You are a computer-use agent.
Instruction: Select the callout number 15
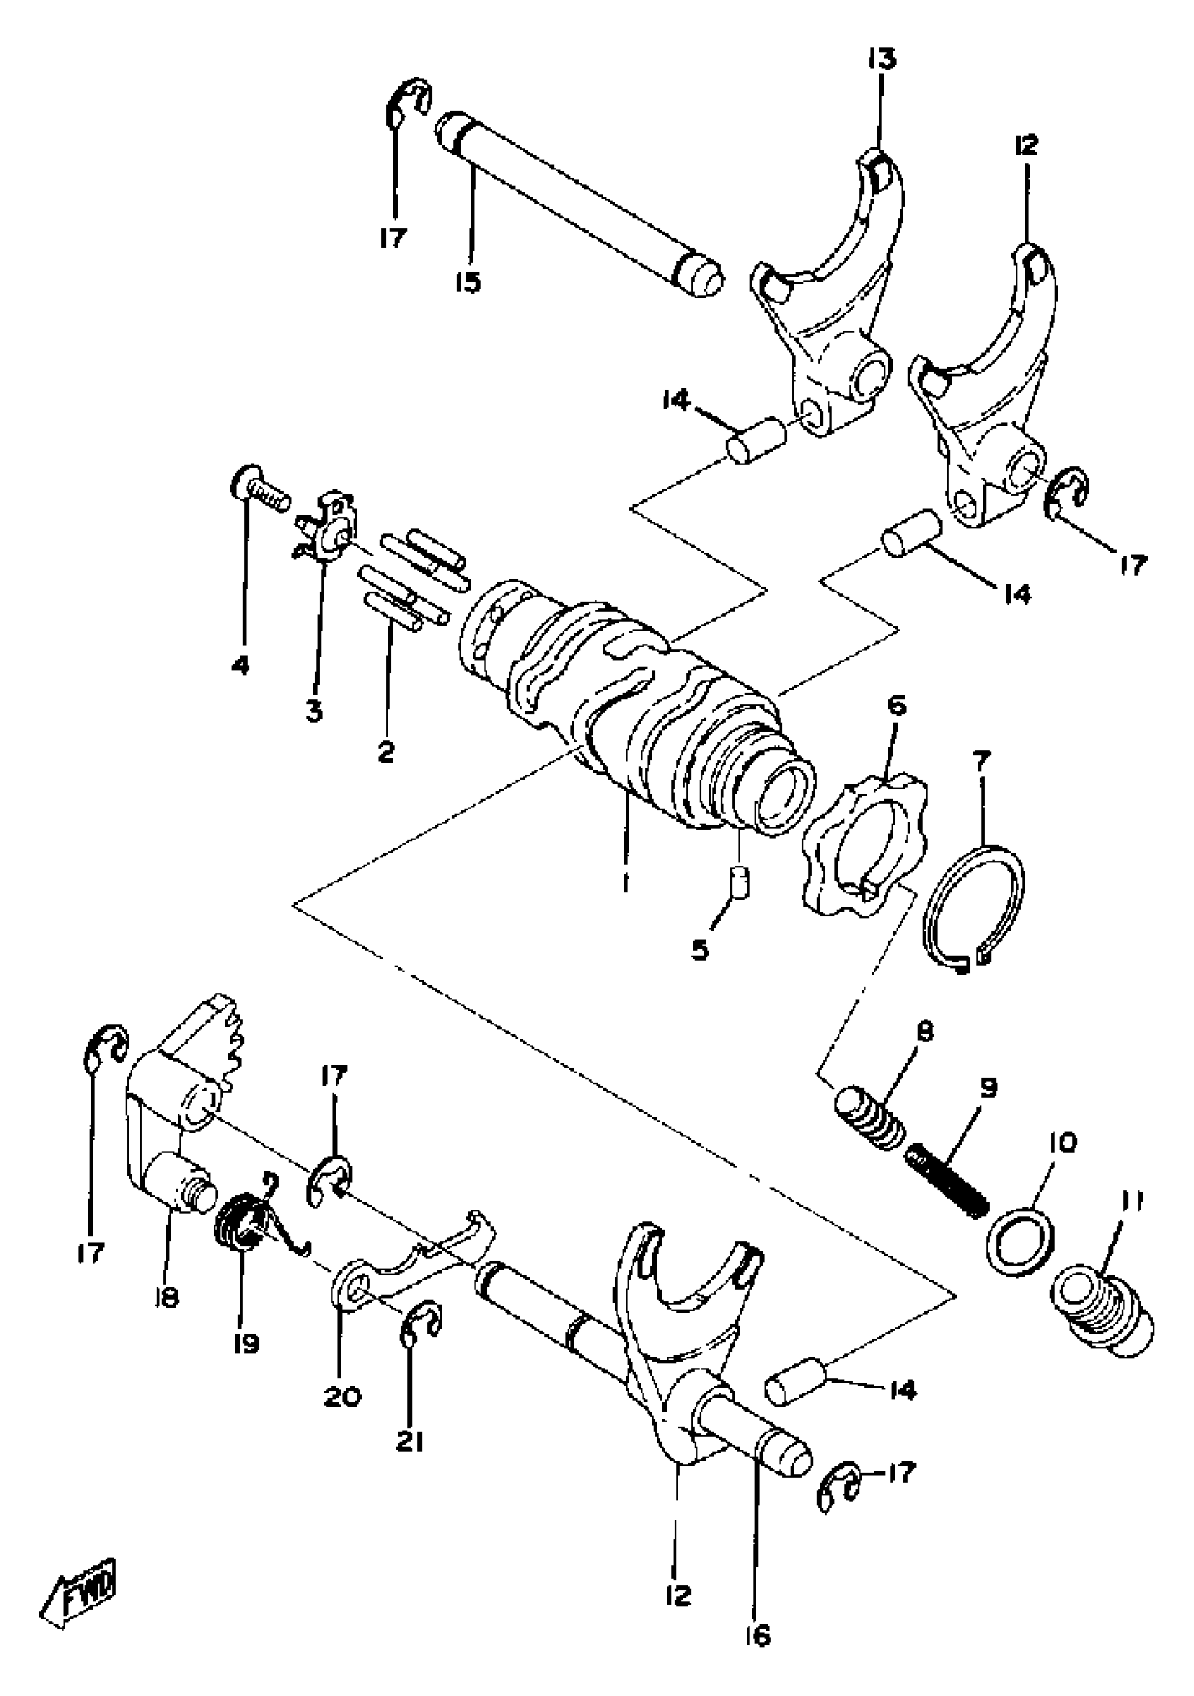coord(468,282)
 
